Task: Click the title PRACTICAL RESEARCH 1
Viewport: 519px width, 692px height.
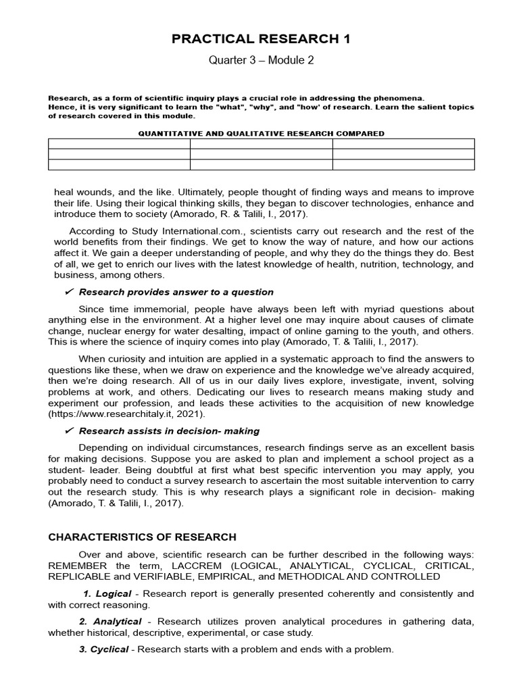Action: pos(261,39)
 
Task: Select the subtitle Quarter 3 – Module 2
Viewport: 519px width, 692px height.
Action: pos(261,61)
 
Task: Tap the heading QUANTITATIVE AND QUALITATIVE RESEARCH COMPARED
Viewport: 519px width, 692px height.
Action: pos(261,133)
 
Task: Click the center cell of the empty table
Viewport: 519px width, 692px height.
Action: pos(261,154)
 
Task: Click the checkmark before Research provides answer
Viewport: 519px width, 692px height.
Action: pos(68,292)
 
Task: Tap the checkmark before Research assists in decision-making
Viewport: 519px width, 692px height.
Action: pos(68,430)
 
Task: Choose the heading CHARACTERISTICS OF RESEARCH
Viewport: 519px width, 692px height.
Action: pos(142,537)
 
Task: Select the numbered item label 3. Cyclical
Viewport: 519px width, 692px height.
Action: pos(104,649)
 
